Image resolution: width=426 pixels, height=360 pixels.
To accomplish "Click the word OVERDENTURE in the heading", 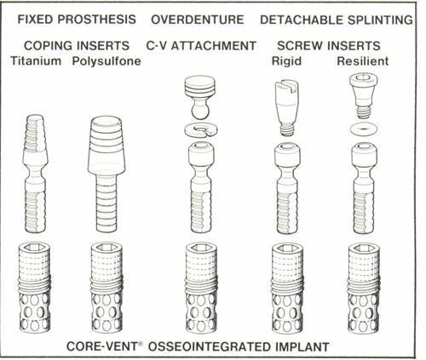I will click(x=198, y=19).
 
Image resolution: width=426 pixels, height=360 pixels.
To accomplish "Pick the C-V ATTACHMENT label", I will click(x=201, y=44).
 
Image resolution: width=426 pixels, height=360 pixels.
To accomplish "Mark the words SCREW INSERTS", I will click(x=328, y=44).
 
